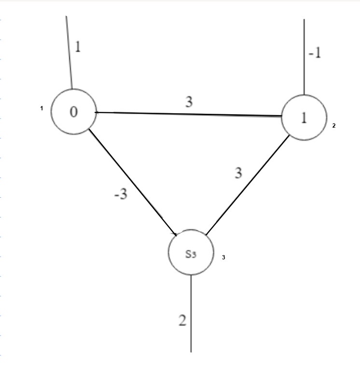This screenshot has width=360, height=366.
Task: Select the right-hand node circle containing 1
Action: coord(303,118)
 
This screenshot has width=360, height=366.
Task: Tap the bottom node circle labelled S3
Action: coord(191,252)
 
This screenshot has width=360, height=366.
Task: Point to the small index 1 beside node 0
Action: coord(42,108)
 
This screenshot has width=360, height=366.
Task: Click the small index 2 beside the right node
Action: coord(333,125)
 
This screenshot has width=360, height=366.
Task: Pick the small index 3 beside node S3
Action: coord(223,258)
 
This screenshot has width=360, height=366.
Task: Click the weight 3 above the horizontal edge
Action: coord(190,101)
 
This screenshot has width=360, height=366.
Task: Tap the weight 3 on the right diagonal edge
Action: coord(238,173)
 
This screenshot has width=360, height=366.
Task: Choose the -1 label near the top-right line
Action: coord(315,53)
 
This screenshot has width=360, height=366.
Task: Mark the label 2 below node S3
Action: coord(182,321)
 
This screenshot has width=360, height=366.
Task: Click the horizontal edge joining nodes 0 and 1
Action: coord(188,114)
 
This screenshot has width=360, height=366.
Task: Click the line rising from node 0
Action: coord(69,53)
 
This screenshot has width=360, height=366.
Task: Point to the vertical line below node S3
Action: coord(192,313)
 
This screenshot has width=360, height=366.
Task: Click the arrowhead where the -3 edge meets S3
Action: coord(177,233)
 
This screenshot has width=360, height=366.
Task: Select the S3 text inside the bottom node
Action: coord(191,254)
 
